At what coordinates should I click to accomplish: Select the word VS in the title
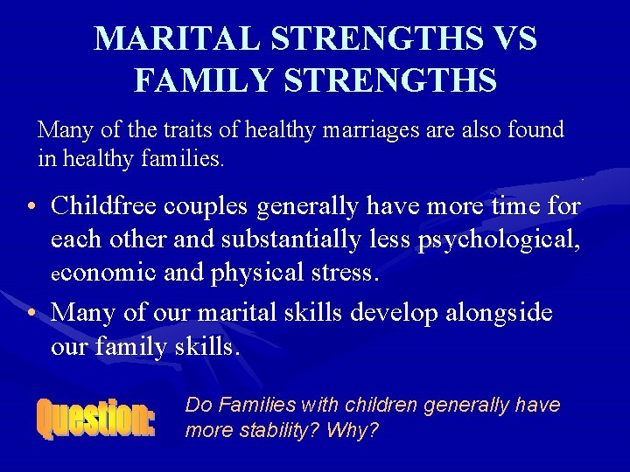(512, 39)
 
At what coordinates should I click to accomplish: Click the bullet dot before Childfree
(31, 208)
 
